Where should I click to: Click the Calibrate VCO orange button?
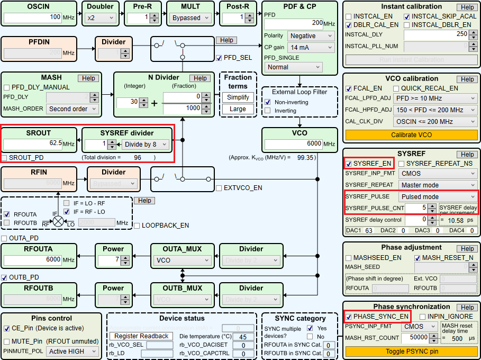pyautogui.click(x=411, y=135)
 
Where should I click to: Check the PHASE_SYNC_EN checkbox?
pyautogui.click(x=349, y=317)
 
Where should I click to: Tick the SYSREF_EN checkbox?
pyautogui.click(x=349, y=164)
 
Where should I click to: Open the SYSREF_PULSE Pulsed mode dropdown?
pyautogui.click(x=438, y=196)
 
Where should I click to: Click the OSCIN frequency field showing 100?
pyautogui.click(x=33, y=17)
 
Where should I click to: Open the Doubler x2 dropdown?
pyautogui.click(x=100, y=17)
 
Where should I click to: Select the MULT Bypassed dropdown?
pyautogui.click(x=190, y=17)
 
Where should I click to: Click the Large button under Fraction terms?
pyautogui.click(x=238, y=109)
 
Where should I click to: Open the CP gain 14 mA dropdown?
pyautogui.click(x=311, y=48)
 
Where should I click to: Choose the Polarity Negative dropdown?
pyautogui.click(x=311, y=36)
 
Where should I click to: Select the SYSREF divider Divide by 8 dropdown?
pyautogui.click(x=144, y=144)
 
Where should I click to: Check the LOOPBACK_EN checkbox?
pyautogui.click(x=137, y=225)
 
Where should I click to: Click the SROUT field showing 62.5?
pyautogui.click(x=33, y=144)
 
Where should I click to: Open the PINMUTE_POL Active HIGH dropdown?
pyautogui.click(x=72, y=351)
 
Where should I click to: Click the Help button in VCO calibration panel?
pyautogui.click(x=467, y=79)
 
